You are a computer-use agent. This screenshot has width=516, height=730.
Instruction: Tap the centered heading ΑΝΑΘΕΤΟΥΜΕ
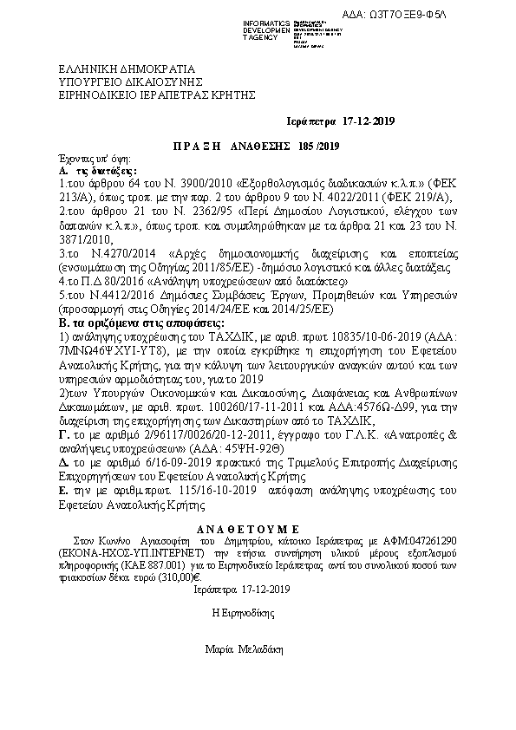(258, 525)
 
